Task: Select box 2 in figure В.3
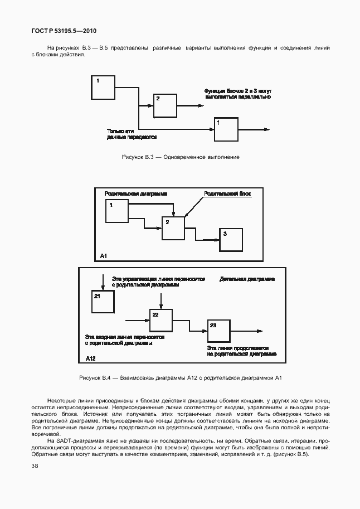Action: (x=164, y=105)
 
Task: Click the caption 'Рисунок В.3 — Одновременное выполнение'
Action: (x=181, y=157)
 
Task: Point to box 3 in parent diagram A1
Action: (x=231, y=240)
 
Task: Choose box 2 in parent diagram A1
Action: (x=173, y=228)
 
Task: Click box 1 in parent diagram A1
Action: (x=116, y=211)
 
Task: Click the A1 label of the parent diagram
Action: (x=104, y=255)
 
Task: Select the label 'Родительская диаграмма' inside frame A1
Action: (x=136, y=193)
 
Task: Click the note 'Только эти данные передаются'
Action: (x=132, y=134)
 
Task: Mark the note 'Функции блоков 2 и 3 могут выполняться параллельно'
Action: (x=237, y=93)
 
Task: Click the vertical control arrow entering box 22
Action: (x=160, y=300)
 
